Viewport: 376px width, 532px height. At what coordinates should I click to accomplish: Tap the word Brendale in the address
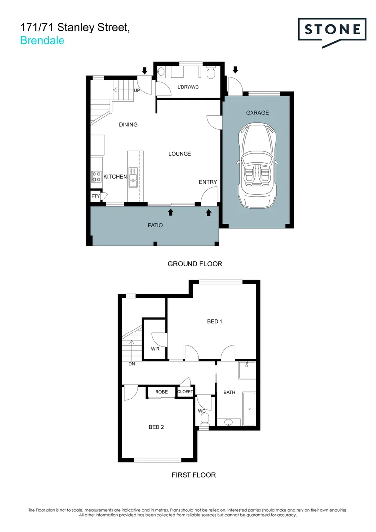42,41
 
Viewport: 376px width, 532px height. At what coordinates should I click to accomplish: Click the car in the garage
257,166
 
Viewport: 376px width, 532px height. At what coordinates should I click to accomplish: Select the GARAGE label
257,113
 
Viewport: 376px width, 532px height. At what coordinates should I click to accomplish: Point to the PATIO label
155,225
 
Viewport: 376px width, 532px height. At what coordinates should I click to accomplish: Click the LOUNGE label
180,154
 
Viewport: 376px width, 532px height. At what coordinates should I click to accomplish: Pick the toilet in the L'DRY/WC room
211,73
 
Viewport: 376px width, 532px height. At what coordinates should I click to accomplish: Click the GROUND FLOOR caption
195,264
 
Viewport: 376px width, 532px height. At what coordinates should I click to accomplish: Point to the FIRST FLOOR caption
193,475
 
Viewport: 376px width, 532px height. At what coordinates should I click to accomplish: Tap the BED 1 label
215,322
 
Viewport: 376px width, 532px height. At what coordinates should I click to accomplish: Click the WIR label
156,349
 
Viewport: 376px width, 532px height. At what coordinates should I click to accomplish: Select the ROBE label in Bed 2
161,392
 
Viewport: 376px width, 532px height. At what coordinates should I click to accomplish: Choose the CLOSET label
185,392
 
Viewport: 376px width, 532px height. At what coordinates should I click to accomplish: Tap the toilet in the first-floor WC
205,418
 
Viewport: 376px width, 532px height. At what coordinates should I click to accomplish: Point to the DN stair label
132,364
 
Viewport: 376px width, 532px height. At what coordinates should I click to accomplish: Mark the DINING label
128,125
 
